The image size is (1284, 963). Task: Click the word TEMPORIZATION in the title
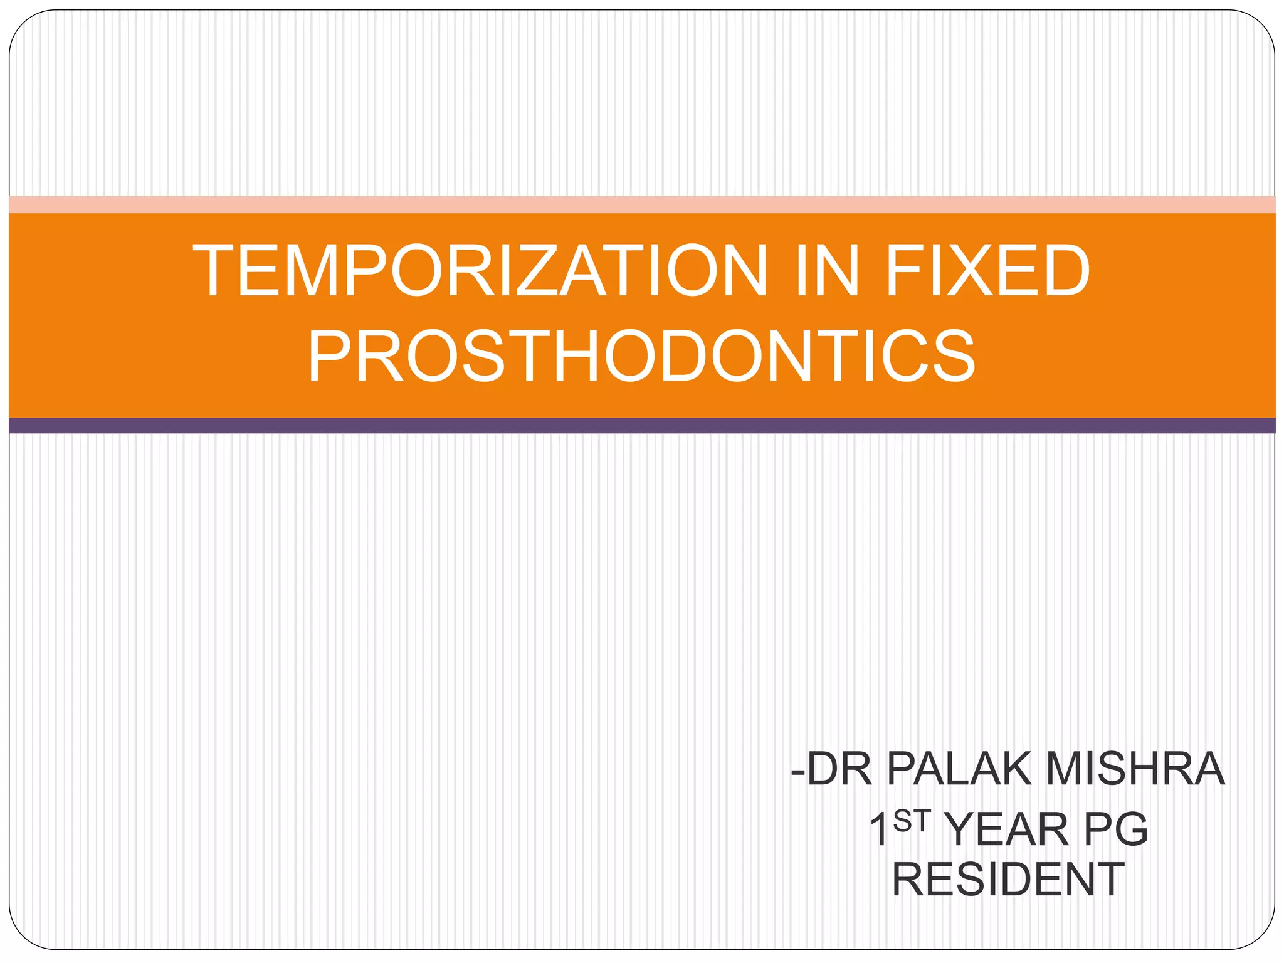(480, 271)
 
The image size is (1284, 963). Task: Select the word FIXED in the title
(987, 271)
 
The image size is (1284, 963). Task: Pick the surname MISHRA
(1135, 769)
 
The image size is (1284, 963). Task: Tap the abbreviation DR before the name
(839, 769)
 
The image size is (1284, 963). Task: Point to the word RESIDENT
(1008, 880)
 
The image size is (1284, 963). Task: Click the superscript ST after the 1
(910, 821)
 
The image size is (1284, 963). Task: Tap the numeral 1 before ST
(879, 829)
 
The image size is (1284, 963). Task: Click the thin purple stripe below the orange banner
(642, 426)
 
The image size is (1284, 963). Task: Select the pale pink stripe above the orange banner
(642, 205)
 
